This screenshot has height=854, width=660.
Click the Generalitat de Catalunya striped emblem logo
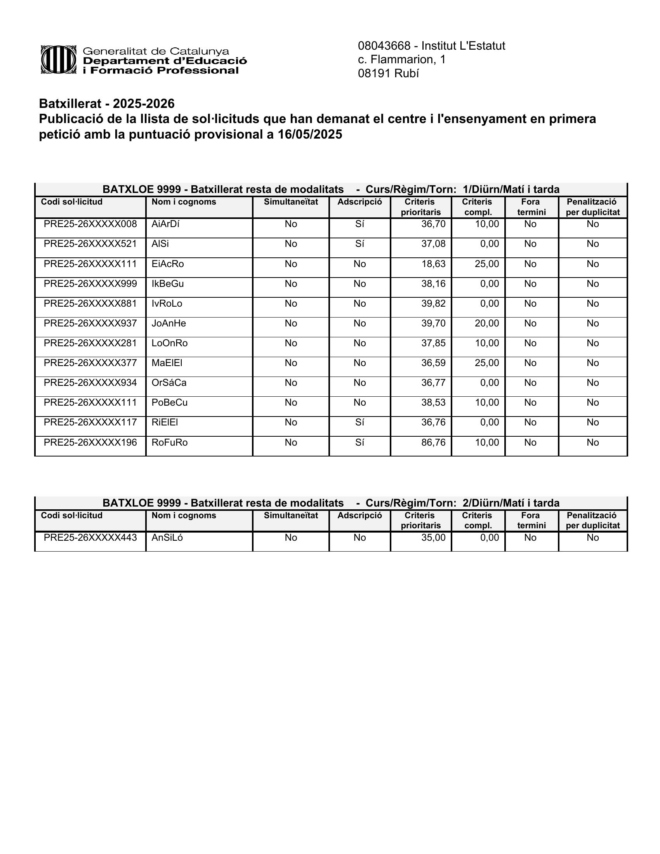[x=58, y=60]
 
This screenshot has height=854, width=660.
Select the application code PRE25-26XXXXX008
[x=90, y=224]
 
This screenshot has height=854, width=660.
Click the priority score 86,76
[x=433, y=442]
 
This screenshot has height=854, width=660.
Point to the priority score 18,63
[x=433, y=264]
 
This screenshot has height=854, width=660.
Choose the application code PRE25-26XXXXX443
[x=90, y=538]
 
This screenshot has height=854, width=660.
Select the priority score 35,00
[x=433, y=538]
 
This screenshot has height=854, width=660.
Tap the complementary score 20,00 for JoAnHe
[x=487, y=323]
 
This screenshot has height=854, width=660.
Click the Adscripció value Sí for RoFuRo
[x=360, y=442]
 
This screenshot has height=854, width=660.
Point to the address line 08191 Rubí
[x=388, y=73]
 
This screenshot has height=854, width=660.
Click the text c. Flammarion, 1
[x=401, y=59]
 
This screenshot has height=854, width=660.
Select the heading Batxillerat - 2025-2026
[x=107, y=104]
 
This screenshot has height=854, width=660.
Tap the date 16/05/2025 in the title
[x=310, y=135]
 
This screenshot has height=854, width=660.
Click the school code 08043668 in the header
[x=384, y=46]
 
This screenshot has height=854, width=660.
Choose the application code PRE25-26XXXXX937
[x=90, y=323]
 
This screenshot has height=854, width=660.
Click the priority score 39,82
[x=433, y=304]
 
